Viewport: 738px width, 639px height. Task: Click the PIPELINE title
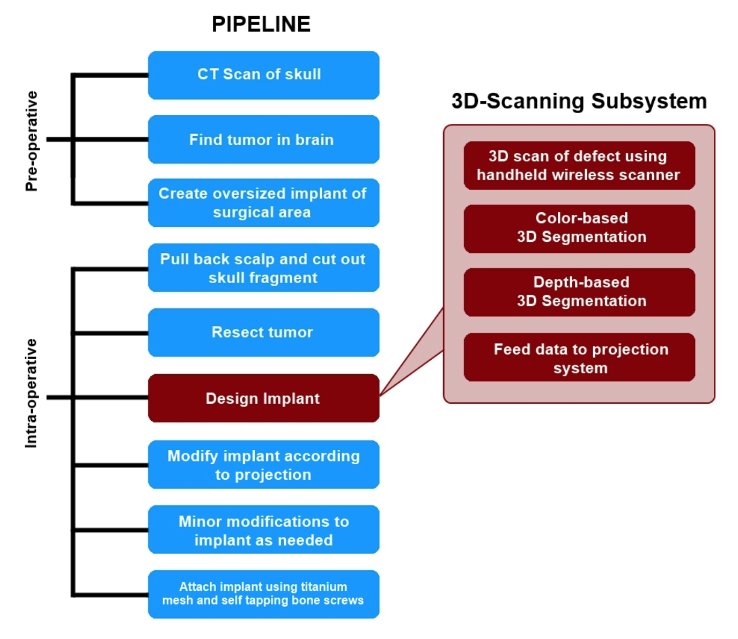pos(261,24)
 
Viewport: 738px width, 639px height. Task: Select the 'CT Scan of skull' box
pos(263,75)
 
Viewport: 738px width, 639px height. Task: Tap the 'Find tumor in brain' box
pos(263,139)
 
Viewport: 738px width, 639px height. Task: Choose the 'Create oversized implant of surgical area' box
pos(263,203)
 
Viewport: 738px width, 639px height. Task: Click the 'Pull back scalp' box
pos(263,268)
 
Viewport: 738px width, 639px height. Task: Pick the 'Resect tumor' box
pos(263,332)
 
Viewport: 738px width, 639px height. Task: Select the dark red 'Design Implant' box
pos(263,398)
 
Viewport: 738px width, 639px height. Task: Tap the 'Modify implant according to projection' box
pos(263,465)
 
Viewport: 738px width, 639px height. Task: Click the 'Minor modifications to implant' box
pos(263,530)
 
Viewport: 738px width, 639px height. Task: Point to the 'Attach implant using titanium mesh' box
pos(263,594)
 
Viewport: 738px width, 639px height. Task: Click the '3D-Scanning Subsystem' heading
pos(579,101)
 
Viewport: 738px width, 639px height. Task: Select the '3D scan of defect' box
pos(579,165)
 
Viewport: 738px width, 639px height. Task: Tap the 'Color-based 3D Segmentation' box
pos(579,228)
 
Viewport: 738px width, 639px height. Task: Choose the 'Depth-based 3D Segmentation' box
pos(579,292)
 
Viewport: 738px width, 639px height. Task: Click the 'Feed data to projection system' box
pos(579,358)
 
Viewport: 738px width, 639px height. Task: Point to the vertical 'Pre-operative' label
pos(32,141)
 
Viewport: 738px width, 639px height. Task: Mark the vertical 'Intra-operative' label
pos(32,393)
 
